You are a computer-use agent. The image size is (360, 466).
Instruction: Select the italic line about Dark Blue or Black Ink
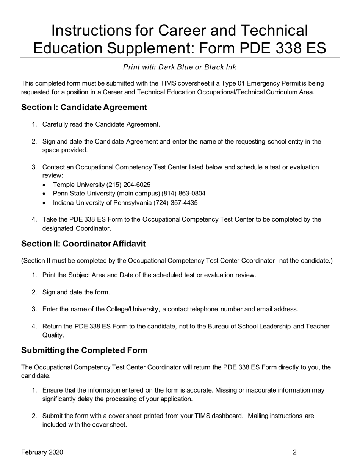point(180,67)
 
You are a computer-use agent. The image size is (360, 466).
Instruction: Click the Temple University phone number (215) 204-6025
point(128,185)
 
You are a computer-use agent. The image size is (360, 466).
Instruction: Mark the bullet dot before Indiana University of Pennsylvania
point(45,203)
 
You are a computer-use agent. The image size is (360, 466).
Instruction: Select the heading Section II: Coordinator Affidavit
point(83,244)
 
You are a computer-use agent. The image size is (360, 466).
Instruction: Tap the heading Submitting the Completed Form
point(84,350)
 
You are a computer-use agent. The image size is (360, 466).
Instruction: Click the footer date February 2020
point(42,452)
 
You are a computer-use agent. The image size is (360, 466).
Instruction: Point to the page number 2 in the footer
point(294,452)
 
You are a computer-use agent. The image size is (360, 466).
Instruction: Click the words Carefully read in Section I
point(61,124)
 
